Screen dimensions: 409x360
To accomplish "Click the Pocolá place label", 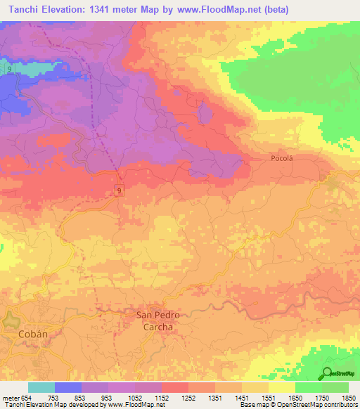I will pyautogui.click(x=281, y=159).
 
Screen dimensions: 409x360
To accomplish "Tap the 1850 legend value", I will pyautogui.click(x=349, y=397).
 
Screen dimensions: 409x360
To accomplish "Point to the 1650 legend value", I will pyautogui.click(x=295, y=397).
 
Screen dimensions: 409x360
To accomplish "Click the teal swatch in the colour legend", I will pyautogui.click(x=41, y=387).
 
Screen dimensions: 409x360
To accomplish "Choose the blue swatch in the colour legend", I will pyautogui.click(x=67, y=387).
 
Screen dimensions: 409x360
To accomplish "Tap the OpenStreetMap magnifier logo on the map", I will pyautogui.click(x=328, y=373).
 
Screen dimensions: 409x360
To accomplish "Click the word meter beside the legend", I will pyautogui.click(x=11, y=397).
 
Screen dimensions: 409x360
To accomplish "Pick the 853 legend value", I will pyautogui.click(x=82, y=397).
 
